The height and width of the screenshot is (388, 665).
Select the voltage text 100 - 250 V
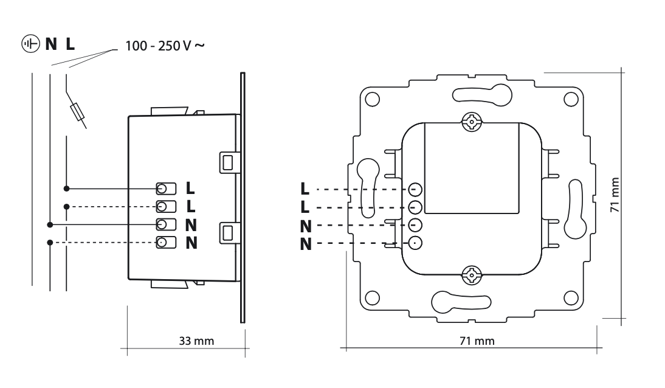(x=159, y=46)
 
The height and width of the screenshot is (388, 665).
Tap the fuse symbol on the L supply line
(x=77, y=113)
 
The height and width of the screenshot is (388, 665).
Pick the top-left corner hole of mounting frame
(x=373, y=99)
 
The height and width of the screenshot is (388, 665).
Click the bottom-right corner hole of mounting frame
(x=570, y=298)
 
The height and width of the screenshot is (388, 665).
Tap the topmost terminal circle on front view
(x=415, y=189)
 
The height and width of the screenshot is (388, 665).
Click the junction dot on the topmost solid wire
(x=67, y=189)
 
